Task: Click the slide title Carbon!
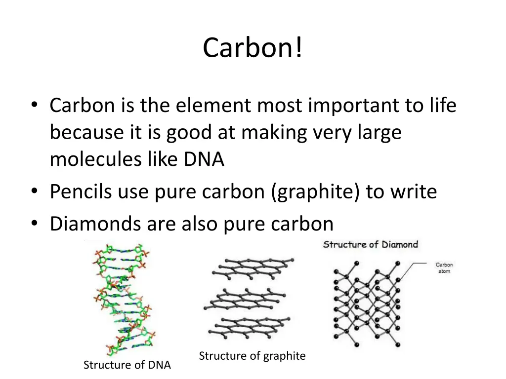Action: (253, 48)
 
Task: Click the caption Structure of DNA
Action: (127, 365)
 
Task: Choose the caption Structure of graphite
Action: (252, 356)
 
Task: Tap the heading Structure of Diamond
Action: (371, 244)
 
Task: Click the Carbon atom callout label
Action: (444, 268)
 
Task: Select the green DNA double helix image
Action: (123, 298)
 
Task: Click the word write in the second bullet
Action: (413, 191)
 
